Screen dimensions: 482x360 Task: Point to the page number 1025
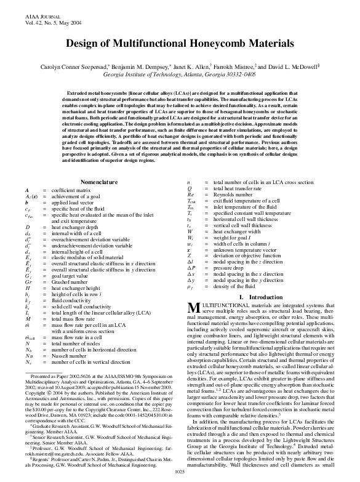click(180, 472)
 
